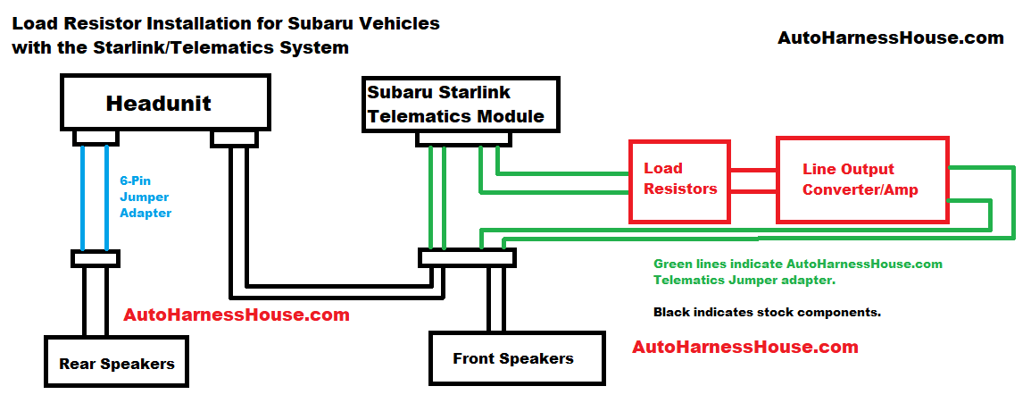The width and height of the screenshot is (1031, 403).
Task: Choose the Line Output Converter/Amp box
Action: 861,180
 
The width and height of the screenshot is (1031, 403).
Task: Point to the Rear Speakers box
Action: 116,363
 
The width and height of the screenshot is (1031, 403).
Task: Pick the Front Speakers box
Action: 512,358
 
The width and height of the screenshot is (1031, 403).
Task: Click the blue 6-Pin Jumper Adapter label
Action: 145,197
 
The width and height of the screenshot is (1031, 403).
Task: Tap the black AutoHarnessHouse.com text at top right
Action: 890,38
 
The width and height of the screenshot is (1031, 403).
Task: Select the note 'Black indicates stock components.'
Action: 767,313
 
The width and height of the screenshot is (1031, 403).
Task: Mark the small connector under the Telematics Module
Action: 463,138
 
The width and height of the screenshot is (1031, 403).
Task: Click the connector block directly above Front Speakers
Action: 467,257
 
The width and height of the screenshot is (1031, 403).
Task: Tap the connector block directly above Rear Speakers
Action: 95,258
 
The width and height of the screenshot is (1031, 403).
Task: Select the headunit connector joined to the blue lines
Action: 94,137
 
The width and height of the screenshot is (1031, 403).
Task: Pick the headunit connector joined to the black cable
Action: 234,138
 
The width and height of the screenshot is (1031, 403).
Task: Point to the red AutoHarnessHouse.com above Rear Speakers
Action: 236,315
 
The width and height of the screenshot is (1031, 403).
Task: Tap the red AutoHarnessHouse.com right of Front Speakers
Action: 744,347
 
